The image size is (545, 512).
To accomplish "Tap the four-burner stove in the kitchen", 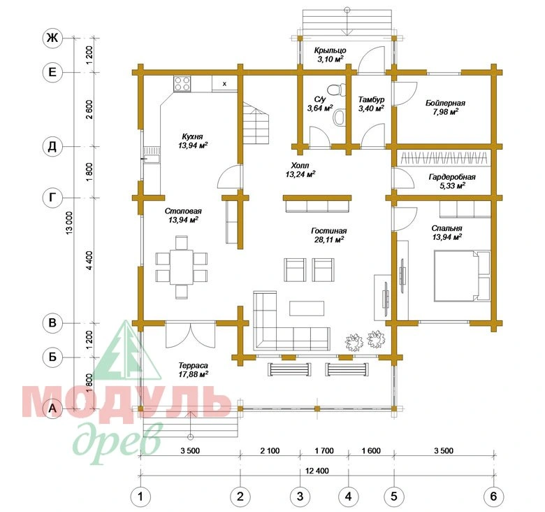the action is click(x=182, y=84).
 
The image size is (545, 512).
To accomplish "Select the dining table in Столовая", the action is click(x=182, y=267).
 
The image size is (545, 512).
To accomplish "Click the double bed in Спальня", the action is click(x=462, y=275).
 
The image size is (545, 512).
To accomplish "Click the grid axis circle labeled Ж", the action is click(x=52, y=38).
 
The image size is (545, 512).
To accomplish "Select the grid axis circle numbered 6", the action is click(x=493, y=497).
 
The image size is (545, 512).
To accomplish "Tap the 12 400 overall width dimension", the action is click(x=317, y=471).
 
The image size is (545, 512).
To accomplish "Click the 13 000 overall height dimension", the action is click(x=70, y=222).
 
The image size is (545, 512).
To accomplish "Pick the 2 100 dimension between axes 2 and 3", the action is click(x=270, y=450).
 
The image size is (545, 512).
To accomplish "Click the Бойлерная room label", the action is click(x=445, y=103).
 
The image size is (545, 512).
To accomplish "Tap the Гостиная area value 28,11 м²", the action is click(x=329, y=239).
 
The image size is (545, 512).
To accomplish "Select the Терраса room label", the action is click(x=194, y=366).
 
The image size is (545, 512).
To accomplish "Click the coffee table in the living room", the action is click(x=307, y=308).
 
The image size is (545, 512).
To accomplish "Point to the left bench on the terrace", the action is click(x=289, y=369).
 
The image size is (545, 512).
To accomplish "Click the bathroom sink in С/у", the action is click(x=340, y=118).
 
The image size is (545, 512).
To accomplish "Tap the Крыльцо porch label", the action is click(x=330, y=50).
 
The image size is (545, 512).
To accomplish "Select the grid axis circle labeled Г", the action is click(x=52, y=198).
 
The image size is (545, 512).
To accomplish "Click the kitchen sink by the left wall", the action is click(x=152, y=155).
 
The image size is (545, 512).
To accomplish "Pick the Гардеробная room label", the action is click(x=452, y=177).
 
